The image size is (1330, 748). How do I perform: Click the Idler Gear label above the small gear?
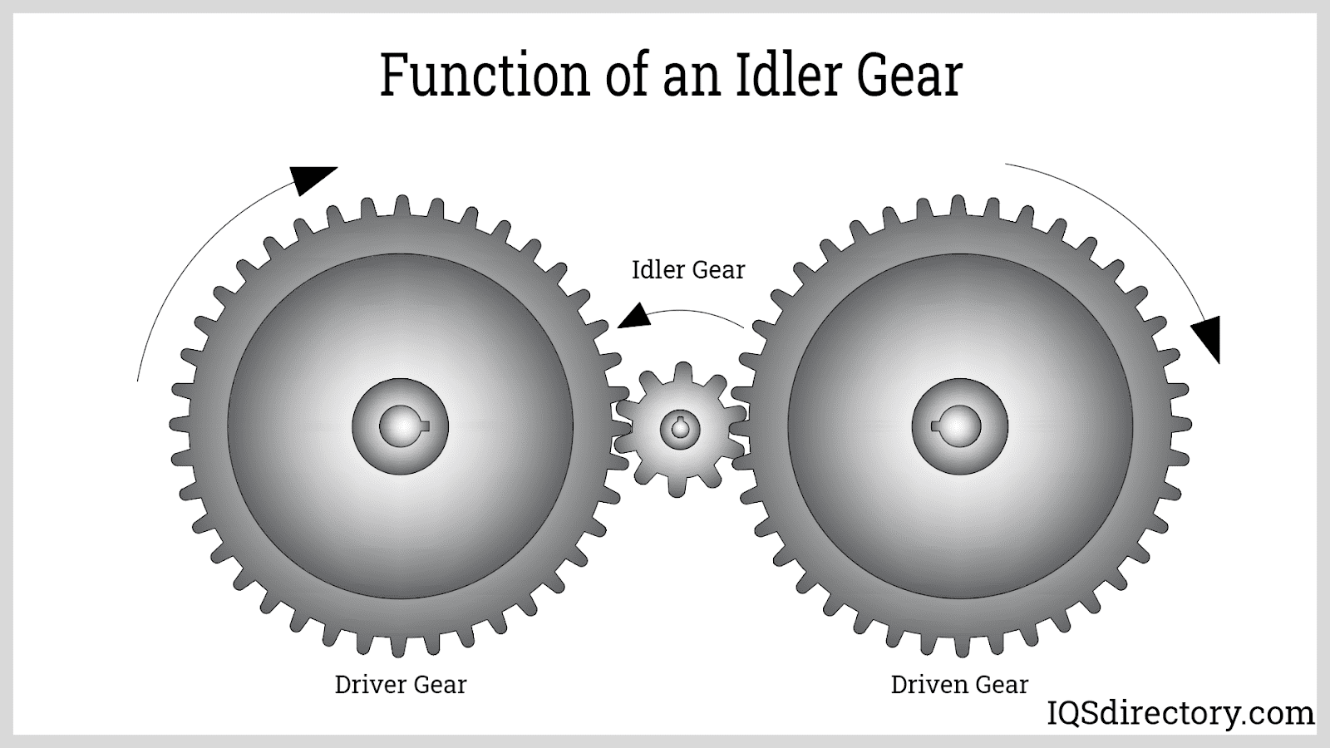coord(688,270)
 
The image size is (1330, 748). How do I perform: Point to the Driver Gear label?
coord(401,685)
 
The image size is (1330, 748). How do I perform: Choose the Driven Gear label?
coord(959,685)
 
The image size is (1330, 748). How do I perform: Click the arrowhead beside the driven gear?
coord(1208,336)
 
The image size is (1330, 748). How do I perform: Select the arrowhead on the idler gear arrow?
coord(633,317)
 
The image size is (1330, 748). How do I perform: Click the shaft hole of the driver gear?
coord(401,427)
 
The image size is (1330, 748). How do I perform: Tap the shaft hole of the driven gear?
coord(960,427)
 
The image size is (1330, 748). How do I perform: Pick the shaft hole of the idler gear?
coord(681,429)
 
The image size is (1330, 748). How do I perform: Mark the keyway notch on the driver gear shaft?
coord(424,427)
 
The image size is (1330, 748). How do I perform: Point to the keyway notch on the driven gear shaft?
coord(937,427)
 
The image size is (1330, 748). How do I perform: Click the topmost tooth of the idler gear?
coord(682,371)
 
